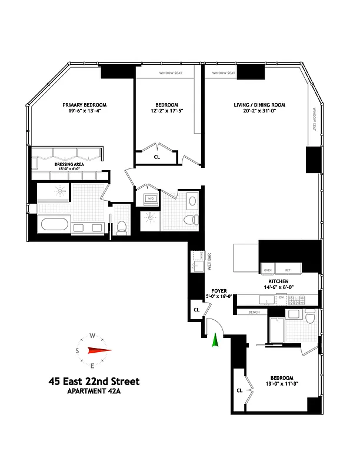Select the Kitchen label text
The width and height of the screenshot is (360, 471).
pos(278,283)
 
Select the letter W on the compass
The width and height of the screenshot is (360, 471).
pos(92,336)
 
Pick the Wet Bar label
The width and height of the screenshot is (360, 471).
pos(208,263)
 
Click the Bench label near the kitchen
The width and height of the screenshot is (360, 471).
pos(255,312)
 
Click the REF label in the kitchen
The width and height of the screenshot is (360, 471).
pos(288,270)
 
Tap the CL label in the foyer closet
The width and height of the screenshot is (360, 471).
pos(196,309)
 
